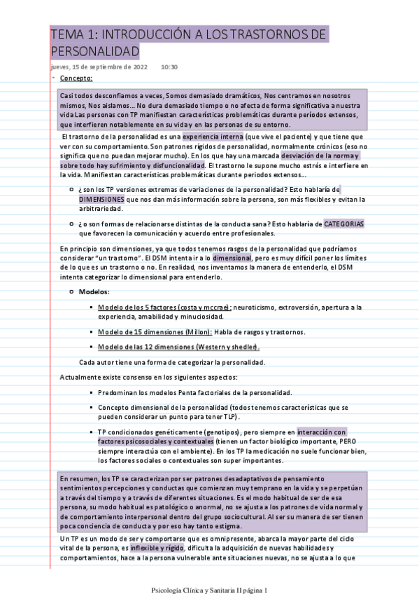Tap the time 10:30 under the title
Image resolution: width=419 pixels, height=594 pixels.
(169, 67)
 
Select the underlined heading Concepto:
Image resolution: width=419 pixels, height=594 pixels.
(76, 78)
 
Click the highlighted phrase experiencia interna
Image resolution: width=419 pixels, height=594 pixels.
(213, 136)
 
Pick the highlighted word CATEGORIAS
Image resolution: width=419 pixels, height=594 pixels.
(344, 223)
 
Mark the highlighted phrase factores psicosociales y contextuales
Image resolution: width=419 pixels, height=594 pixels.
(155, 442)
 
